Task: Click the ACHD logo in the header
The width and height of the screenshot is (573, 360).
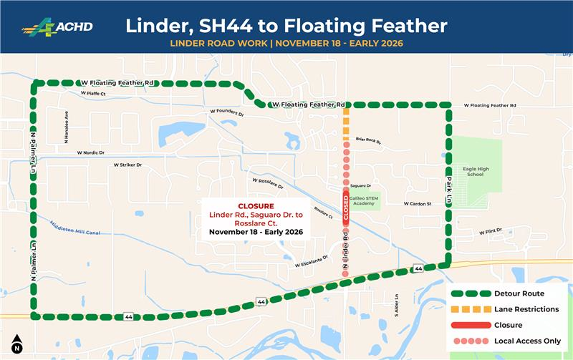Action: (57, 26)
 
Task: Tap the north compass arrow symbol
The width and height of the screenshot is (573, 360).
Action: (17, 344)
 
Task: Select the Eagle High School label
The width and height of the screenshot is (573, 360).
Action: (475, 170)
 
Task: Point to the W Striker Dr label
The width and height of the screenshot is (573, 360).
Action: (127, 165)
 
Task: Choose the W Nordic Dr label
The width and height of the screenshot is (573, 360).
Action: (90, 152)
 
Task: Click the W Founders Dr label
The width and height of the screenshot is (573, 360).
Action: (227, 113)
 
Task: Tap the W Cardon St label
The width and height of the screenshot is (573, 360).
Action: (418, 204)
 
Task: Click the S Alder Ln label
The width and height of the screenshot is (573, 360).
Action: (395, 305)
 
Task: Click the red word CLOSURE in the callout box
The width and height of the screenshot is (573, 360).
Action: (246, 206)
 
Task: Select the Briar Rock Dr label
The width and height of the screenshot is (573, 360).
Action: (369, 140)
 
